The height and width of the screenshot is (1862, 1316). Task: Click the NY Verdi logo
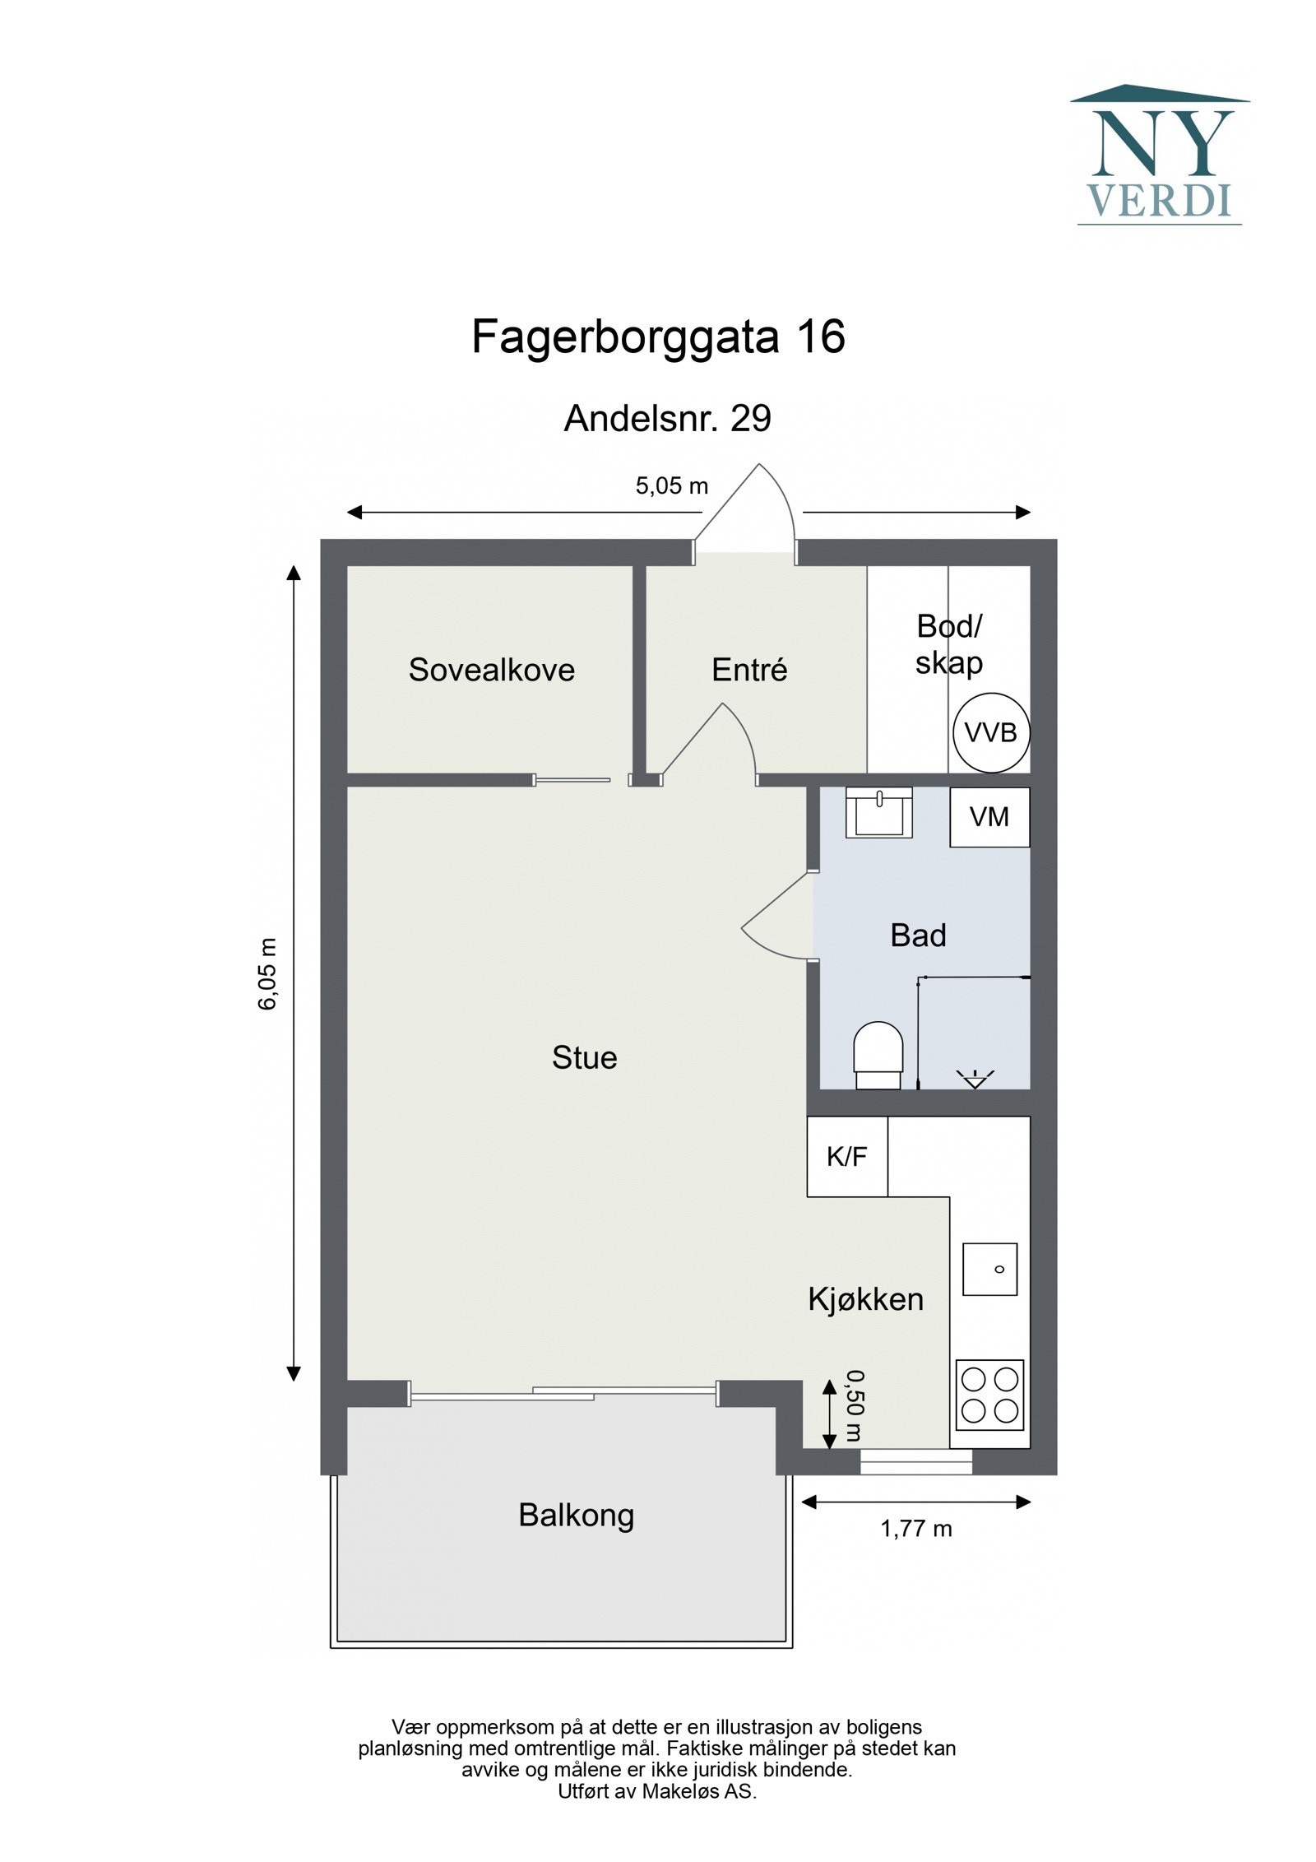(1159, 156)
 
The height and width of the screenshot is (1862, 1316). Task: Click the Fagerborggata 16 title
(658, 337)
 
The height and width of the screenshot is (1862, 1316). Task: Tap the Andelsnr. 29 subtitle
(667, 419)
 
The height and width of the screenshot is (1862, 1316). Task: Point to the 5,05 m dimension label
(671, 485)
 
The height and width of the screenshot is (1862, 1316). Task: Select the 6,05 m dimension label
(270, 973)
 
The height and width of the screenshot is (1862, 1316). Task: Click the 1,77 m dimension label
(915, 1528)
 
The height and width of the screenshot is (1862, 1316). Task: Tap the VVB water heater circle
(990, 731)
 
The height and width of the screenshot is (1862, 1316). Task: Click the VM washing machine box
(989, 817)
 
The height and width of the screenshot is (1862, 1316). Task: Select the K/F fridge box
(846, 1156)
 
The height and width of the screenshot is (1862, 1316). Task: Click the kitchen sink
(989, 1269)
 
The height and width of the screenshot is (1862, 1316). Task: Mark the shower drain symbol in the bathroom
(975, 1078)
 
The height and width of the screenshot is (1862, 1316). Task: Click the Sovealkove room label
(491, 670)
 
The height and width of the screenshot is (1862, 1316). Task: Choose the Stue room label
(584, 1057)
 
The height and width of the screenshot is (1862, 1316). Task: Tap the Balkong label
(576, 1515)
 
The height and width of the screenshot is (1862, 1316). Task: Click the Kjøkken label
(865, 1299)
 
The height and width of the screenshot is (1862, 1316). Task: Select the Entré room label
(749, 670)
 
